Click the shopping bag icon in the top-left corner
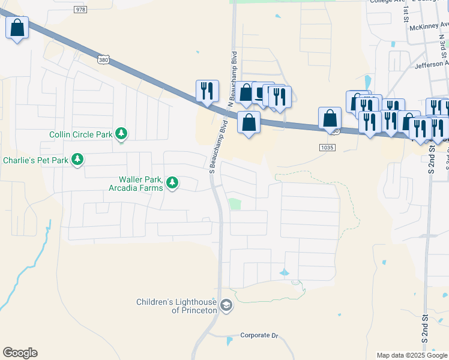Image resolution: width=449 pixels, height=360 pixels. [17, 28]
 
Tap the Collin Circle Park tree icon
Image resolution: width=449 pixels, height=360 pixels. [122, 134]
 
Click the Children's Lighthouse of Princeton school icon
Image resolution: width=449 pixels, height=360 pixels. [226, 306]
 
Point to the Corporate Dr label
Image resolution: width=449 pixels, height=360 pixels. [260, 335]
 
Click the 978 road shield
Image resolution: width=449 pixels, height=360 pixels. [81, 10]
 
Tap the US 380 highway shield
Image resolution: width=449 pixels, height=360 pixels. [103, 59]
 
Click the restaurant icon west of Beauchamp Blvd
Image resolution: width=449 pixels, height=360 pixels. [206, 91]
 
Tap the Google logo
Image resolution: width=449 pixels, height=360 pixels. [20, 353]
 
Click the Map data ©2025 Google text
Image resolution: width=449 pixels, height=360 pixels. [412, 355]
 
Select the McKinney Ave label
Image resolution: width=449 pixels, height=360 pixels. [429, 27]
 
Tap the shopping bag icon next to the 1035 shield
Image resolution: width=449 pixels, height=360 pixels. [330, 118]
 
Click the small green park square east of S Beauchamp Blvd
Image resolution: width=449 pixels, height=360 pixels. [235, 204]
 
